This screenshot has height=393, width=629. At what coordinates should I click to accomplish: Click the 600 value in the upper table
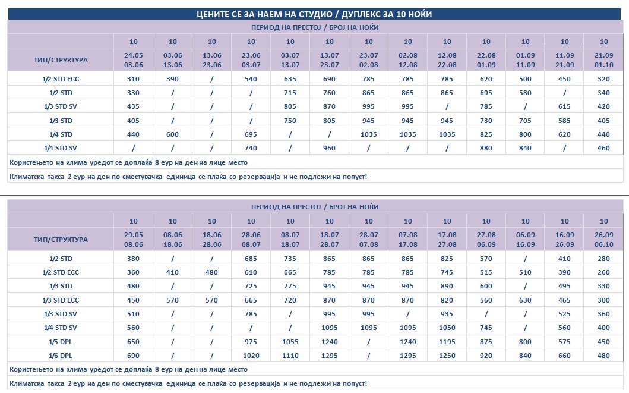(x=172, y=134)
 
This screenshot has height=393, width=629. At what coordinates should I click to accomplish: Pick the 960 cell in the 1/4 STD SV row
(x=329, y=148)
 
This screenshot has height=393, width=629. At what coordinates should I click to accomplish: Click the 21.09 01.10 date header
(x=603, y=60)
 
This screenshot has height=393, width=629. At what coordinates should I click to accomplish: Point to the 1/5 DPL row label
(x=61, y=342)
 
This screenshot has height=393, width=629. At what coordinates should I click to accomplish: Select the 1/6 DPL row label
(x=61, y=356)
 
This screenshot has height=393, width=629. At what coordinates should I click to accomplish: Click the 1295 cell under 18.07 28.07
(x=329, y=356)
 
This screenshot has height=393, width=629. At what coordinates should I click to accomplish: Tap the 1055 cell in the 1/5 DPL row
(x=290, y=342)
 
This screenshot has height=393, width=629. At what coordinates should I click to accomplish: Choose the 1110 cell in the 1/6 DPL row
(x=290, y=356)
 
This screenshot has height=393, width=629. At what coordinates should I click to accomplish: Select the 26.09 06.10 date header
(x=603, y=240)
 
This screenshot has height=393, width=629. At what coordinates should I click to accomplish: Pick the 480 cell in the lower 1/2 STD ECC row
(x=211, y=272)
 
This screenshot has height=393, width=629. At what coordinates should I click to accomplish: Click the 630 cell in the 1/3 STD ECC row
(x=525, y=300)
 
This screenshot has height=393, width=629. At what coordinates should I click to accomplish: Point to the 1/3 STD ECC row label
(x=61, y=300)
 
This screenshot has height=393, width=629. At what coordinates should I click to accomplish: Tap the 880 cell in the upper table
(x=486, y=148)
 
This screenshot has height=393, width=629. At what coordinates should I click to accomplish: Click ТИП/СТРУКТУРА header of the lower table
(x=61, y=240)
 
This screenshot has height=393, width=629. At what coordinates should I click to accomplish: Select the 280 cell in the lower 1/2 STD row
(x=603, y=259)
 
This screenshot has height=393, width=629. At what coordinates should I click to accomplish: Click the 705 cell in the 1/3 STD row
(x=525, y=121)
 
